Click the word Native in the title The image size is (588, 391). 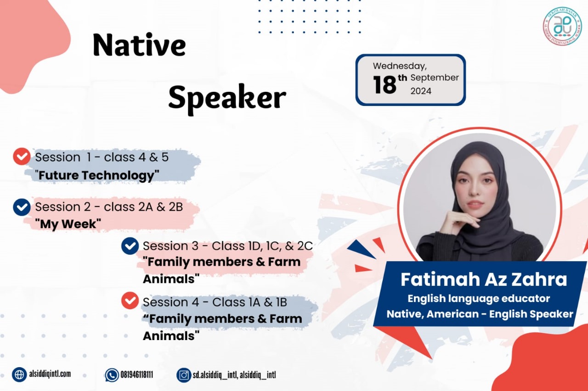139,45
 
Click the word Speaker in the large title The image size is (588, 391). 227,98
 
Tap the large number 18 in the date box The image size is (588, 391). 384,84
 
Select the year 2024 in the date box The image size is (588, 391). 421,91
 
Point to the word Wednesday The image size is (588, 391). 400,66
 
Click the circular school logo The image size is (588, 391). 562,26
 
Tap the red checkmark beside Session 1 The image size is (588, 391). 22,156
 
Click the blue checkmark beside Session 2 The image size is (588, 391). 22,207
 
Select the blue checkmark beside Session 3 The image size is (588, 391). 130,246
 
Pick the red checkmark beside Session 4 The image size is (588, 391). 130,301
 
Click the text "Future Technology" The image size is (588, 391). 97,175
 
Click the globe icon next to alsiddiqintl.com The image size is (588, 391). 19,374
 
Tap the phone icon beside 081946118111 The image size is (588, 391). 112,375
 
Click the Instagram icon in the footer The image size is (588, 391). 184,375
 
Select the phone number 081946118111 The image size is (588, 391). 137,375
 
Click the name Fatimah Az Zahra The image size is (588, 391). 484,279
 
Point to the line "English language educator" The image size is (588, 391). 479,298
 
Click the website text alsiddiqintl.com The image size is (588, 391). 50,374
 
